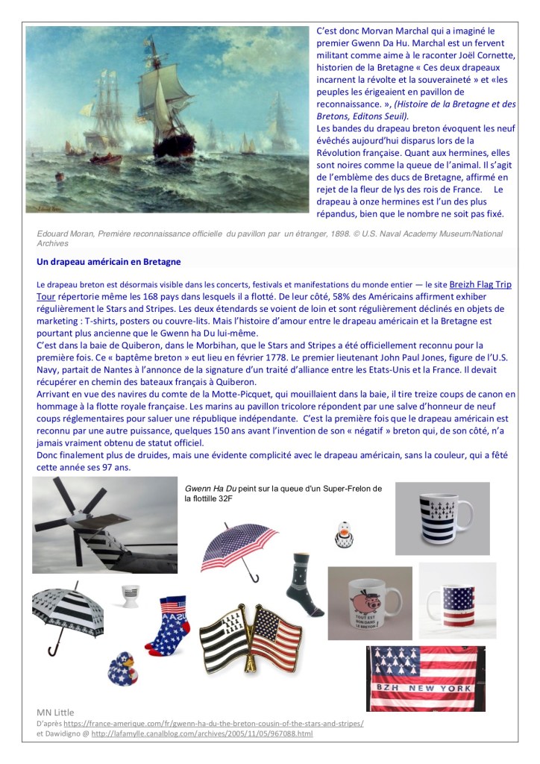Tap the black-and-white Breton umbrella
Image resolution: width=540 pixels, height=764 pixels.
pyautogui.click(x=67, y=605)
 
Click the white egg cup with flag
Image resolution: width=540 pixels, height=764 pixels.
pyautogui.click(x=131, y=596)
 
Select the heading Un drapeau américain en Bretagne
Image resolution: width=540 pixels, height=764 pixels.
pyautogui.click(x=108, y=262)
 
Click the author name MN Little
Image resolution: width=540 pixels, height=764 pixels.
pyautogui.click(x=56, y=712)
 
